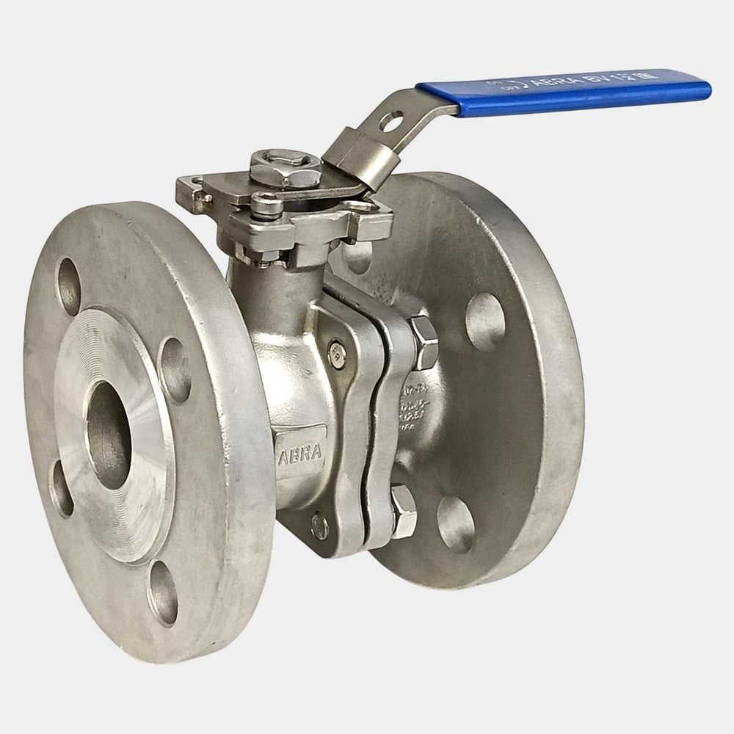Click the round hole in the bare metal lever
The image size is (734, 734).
391,120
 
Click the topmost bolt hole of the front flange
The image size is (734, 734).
69,286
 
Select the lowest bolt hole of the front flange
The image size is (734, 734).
162,592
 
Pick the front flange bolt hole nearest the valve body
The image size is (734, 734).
175,370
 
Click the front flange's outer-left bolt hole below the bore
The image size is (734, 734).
62,489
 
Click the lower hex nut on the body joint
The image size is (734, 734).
404,509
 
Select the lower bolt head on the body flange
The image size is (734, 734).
319,526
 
